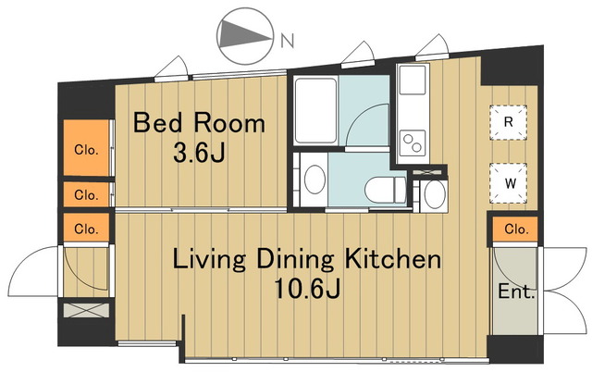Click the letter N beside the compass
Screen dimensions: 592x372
(x=288, y=41)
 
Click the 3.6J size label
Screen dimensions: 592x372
(x=199, y=153)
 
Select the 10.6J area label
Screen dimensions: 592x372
(x=307, y=289)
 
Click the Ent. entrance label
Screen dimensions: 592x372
(x=516, y=291)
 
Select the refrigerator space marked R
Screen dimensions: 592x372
(x=508, y=122)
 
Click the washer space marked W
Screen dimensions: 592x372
(x=509, y=183)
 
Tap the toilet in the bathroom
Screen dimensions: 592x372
(x=386, y=190)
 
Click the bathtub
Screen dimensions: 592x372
(x=315, y=110)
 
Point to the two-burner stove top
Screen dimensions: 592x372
(x=413, y=143)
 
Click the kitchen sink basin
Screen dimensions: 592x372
(x=413, y=81)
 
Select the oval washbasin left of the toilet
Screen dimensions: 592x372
(x=314, y=180)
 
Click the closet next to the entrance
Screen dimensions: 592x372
(x=515, y=229)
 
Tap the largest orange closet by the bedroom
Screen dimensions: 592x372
(x=86, y=148)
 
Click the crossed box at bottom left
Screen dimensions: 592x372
(x=86, y=310)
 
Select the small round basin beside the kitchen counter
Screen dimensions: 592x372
(x=435, y=193)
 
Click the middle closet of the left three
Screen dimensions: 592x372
(x=86, y=194)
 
